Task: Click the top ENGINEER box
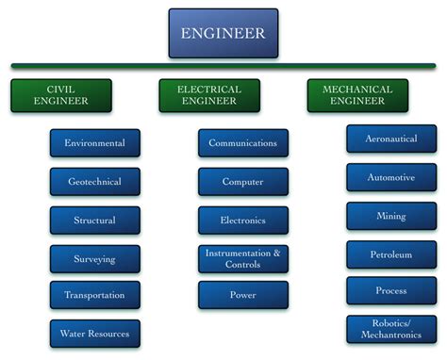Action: coord(223,33)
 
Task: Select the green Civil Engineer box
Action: coord(61,95)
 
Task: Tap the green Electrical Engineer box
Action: coord(208,95)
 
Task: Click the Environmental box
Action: coord(94,143)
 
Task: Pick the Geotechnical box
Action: coord(94,182)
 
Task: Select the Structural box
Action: coord(94,221)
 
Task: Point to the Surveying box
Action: coord(94,258)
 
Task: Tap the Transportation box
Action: coord(94,295)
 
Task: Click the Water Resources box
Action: coord(94,333)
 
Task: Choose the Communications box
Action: coord(242,143)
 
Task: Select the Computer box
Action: coord(242,182)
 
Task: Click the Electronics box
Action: coord(242,221)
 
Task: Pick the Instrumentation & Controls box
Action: coord(242,258)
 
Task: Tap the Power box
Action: coord(242,295)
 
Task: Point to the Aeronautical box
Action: coord(390,139)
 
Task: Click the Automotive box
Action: coord(390,176)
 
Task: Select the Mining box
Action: coord(390,216)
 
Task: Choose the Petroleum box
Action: coord(390,254)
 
